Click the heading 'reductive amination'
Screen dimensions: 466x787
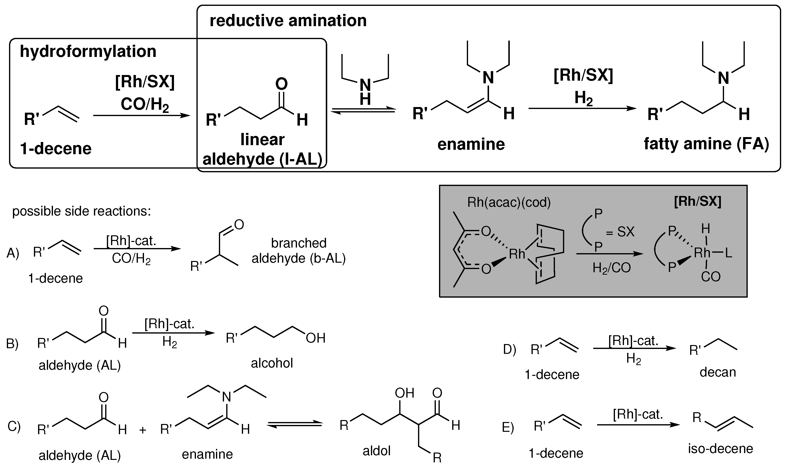(x=288, y=21)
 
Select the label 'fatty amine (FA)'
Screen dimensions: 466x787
(x=706, y=144)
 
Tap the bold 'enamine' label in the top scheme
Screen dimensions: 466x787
(x=471, y=144)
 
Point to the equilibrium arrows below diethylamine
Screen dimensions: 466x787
(x=363, y=110)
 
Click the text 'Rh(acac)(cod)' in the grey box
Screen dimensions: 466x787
(x=509, y=203)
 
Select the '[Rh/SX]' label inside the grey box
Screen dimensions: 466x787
(x=697, y=201)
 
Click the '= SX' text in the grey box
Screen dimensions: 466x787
(x=620, y=232)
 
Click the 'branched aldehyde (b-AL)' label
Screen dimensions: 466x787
(x=298, y=250)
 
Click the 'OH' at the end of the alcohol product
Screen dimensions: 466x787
(x=316, y=338)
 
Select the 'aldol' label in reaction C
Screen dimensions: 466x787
(x=376, y=451)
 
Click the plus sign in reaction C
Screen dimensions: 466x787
(x=143, y=430)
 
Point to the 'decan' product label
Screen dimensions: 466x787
(x=717, y=372)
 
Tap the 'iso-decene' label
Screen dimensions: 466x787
(x=720, y=448)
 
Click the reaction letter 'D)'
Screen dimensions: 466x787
(x=510, y=349)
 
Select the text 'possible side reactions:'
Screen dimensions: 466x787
(x=82, y=211)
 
